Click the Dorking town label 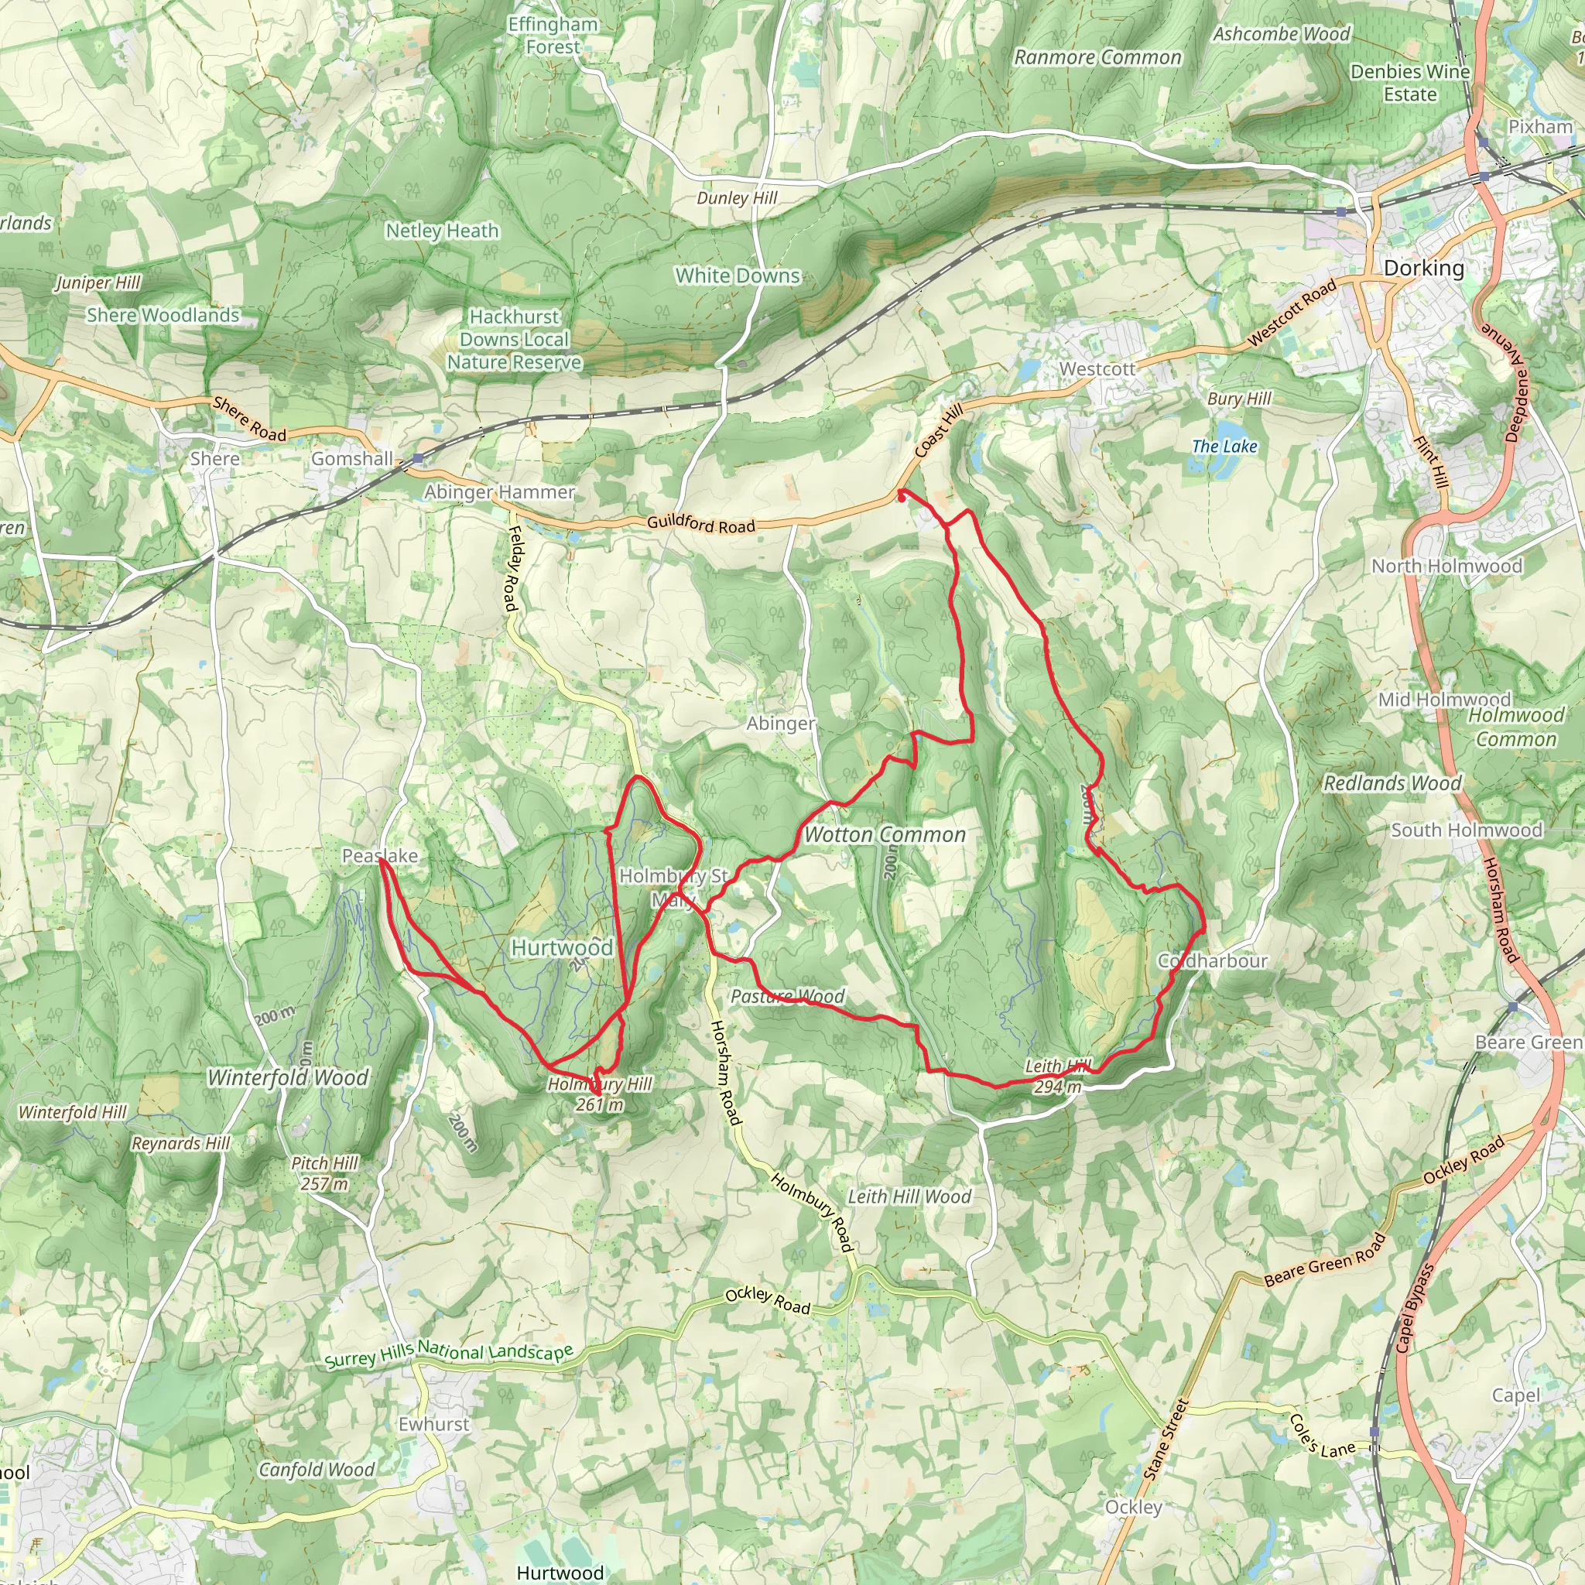click(x=1423, y=269)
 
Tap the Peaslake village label click(x=380, y=856)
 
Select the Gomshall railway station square click(x=419, y=458)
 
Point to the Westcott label click(x=1097, y=369)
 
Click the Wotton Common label click(x=885, y=835)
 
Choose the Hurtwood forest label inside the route click(x=562, y=947)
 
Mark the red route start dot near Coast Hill click(x=901, y=495)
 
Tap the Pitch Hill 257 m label click(x=325, y=1173)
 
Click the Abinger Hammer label click(x=500, y=492)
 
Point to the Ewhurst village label click(x=434, y=1424)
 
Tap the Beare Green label click(x=1529, y=1042)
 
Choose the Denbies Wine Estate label click(x=1410, y=83)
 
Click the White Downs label click(x=738, y=276)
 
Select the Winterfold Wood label click(x=288, y=1077)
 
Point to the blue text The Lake click(x=1224, y=447)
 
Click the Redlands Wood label click(x=1393, y=782)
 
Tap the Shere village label click(x=215, y=459)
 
